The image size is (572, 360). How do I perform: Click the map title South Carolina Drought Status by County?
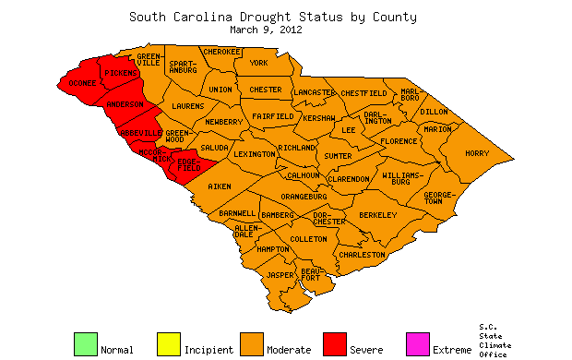[272, 17]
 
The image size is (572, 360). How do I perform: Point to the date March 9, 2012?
[272, 30]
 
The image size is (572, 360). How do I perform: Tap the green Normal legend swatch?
[86, 342]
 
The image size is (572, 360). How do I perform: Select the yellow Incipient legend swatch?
[169, 342]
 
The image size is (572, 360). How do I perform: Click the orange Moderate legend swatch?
[252, 342]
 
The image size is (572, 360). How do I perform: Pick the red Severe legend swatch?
[335, 342]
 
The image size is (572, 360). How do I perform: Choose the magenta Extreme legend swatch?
[418, 342]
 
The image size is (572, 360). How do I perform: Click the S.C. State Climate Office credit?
[495, 341]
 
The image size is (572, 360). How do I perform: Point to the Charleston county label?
[363, 254]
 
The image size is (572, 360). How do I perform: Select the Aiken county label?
[220, 186]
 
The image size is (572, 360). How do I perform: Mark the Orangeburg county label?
[304, 197]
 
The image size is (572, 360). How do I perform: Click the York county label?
[258, 63]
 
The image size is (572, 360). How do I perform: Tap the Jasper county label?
[280, 274]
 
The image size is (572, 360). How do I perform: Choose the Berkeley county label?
[377, 215]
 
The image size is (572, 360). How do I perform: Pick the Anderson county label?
[125, 104]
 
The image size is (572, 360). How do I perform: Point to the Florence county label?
[399, 141]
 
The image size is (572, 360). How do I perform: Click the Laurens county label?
[187, 107]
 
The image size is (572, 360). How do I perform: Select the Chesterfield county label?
[363, 93]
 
